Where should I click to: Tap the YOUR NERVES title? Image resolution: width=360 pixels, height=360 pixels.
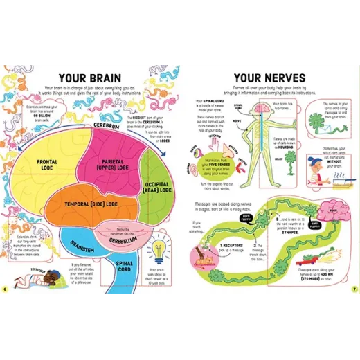tap(265, 78)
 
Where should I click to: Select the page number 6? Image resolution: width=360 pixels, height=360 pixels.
tap(5, 289)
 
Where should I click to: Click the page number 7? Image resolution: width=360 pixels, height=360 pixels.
tap(354, 289)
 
